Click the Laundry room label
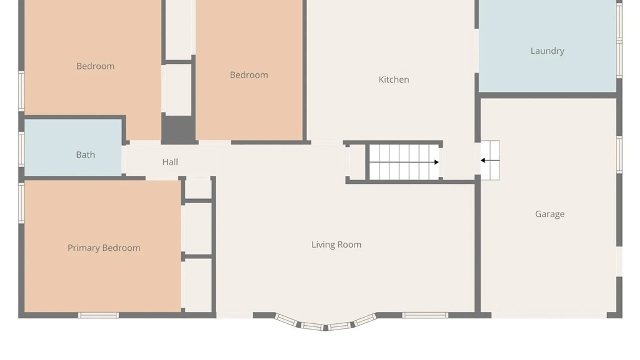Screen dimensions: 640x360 (547, 51)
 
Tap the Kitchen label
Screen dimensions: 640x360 (394, 80)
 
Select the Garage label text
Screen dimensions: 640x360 (550, 214)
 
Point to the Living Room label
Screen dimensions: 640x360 (336, 245)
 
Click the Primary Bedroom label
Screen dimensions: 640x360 (104, 248)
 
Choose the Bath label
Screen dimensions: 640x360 (85, 155)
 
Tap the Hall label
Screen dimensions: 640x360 (170, 162)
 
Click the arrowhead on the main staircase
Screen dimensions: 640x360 (436, 162)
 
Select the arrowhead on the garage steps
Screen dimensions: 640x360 (483, 160)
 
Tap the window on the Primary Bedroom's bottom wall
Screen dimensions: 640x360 (98, 315)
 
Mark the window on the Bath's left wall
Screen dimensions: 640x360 (21, 149)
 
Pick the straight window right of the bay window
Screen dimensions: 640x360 (425, 315)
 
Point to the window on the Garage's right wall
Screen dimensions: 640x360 (619, 155)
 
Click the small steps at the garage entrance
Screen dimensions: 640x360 (490, 160)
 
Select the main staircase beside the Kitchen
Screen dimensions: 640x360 (404, 162)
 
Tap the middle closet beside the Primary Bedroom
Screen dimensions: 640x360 (198, 229)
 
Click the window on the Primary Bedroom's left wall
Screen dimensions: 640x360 (21, 203)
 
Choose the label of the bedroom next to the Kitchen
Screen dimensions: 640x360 (249, 75)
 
